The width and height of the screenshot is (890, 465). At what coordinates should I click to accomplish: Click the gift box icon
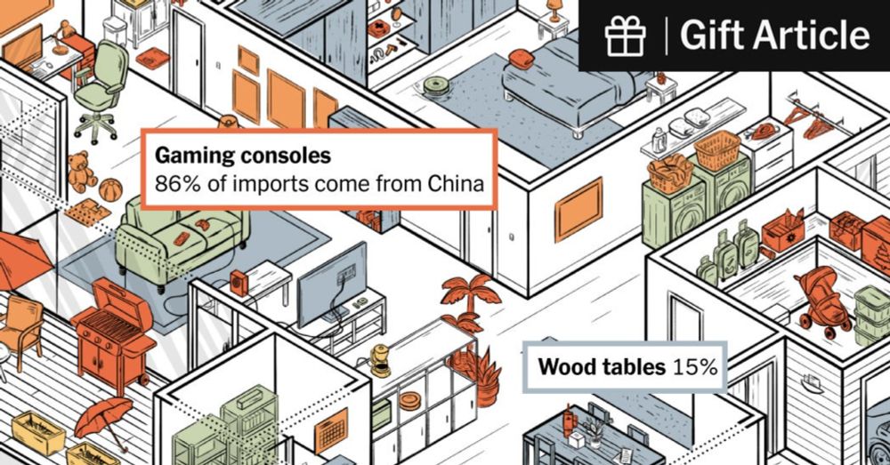(x=625, y=36)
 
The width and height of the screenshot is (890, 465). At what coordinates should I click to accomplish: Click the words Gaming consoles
(x=242, y=156)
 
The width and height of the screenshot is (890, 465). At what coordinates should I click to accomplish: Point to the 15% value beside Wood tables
(x=695, y=367)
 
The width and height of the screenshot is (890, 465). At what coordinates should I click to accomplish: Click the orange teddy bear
(x=82, y=172)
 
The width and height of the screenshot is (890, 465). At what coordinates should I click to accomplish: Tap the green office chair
(x=101, y=91)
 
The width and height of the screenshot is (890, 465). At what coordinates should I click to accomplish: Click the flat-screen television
(x=332, y=285)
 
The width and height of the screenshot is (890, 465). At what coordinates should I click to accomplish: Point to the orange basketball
(x=110, y=190)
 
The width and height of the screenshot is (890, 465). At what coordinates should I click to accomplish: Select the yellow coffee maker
(x=380, y=361)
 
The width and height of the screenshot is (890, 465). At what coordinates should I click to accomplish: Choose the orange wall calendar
(x=331, y=429)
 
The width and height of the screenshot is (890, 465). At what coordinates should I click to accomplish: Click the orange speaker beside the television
(x=239, y=283)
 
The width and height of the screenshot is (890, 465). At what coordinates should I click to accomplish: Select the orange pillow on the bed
(x=521, y=59)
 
